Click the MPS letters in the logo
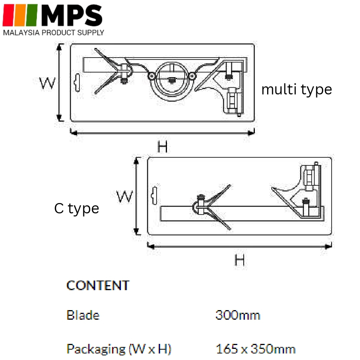[x=72, y=15]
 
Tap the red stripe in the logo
[x=8, y=15]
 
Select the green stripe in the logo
[x=31, y=15]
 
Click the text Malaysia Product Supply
[x=53, y=33]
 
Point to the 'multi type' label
[x=297, y=89]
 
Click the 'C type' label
[x=77, y=208]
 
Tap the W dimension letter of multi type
[x=47, y=83]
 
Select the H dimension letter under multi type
[x=163, y=147]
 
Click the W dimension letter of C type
[x=124, y=196]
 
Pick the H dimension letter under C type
[x=239, y=260]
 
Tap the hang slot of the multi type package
[x=77, y=83]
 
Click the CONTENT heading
[x=98, y=286]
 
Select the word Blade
[x=83, y=315]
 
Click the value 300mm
[x=238, y=315]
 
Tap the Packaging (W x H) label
[x=119, y=349]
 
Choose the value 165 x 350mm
[x=256, y=349]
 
